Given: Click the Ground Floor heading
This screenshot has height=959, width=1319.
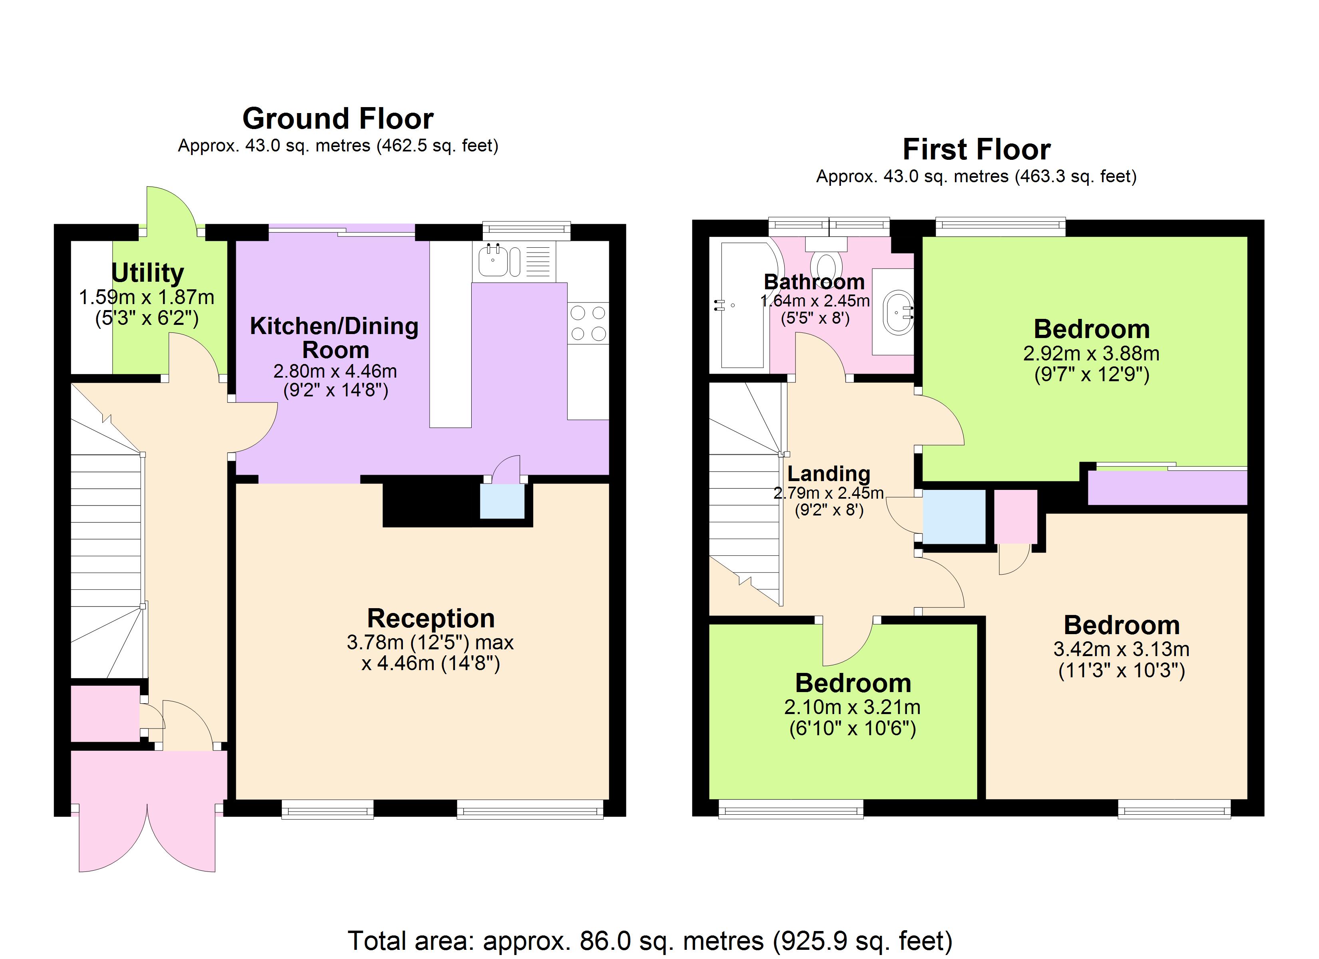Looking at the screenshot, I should tap(337, 119).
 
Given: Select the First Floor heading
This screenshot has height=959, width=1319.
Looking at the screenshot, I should tap(976, 149).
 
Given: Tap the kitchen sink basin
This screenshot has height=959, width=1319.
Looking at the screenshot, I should tap(492, 262).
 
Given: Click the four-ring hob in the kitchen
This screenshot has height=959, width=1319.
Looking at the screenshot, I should tap(588, 323).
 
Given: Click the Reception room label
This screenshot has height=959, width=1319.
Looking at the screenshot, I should tap(430, 618).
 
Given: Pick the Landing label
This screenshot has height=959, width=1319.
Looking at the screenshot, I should tap(828, 474).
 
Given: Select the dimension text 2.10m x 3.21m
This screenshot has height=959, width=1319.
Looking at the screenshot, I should tap(852, 707).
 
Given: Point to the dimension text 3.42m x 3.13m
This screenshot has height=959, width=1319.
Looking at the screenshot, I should tap(1121, 649).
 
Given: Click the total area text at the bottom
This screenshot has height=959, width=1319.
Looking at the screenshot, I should tap(650, 940).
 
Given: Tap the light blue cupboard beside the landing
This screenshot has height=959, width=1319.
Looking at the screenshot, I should tap(954, 516).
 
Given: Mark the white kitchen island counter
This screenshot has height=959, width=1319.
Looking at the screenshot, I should tap(450, 334).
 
